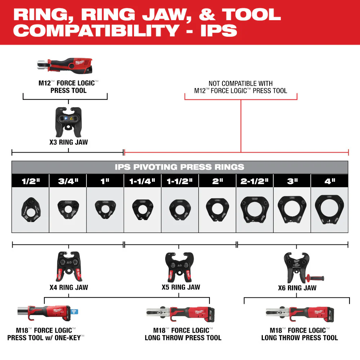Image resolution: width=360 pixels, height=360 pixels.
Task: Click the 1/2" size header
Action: click(30, 181)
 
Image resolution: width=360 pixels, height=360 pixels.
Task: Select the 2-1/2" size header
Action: click(255, 181)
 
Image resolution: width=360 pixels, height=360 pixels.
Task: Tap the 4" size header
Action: click(329, 181)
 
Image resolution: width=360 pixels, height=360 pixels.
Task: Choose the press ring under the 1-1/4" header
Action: click(143, 209)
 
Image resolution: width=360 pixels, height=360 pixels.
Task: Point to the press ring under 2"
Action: click(217, 209)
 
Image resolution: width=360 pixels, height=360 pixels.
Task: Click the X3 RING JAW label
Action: click(68, 142)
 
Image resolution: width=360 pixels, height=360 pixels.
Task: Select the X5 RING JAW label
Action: click(181, 287)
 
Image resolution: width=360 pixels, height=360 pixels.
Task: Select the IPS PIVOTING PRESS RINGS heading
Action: click(180, 167)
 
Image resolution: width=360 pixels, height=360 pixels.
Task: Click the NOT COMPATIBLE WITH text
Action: click(240, 84)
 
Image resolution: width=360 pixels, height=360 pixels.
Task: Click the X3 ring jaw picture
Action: click(68, 121)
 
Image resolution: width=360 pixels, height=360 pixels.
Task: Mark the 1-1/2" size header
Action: click(180, 181)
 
